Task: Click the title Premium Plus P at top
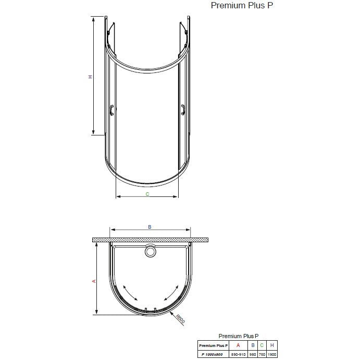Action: (242, 5)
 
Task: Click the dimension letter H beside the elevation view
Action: (91, 77)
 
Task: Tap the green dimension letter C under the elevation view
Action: (147, 194)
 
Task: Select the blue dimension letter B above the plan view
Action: (150, 227)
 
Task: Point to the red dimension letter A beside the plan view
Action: (94, 281)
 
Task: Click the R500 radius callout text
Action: (180, 319)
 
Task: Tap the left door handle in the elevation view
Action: (112, 110)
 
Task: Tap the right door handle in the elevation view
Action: (183, 110)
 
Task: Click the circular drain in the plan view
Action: (151, 251)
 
